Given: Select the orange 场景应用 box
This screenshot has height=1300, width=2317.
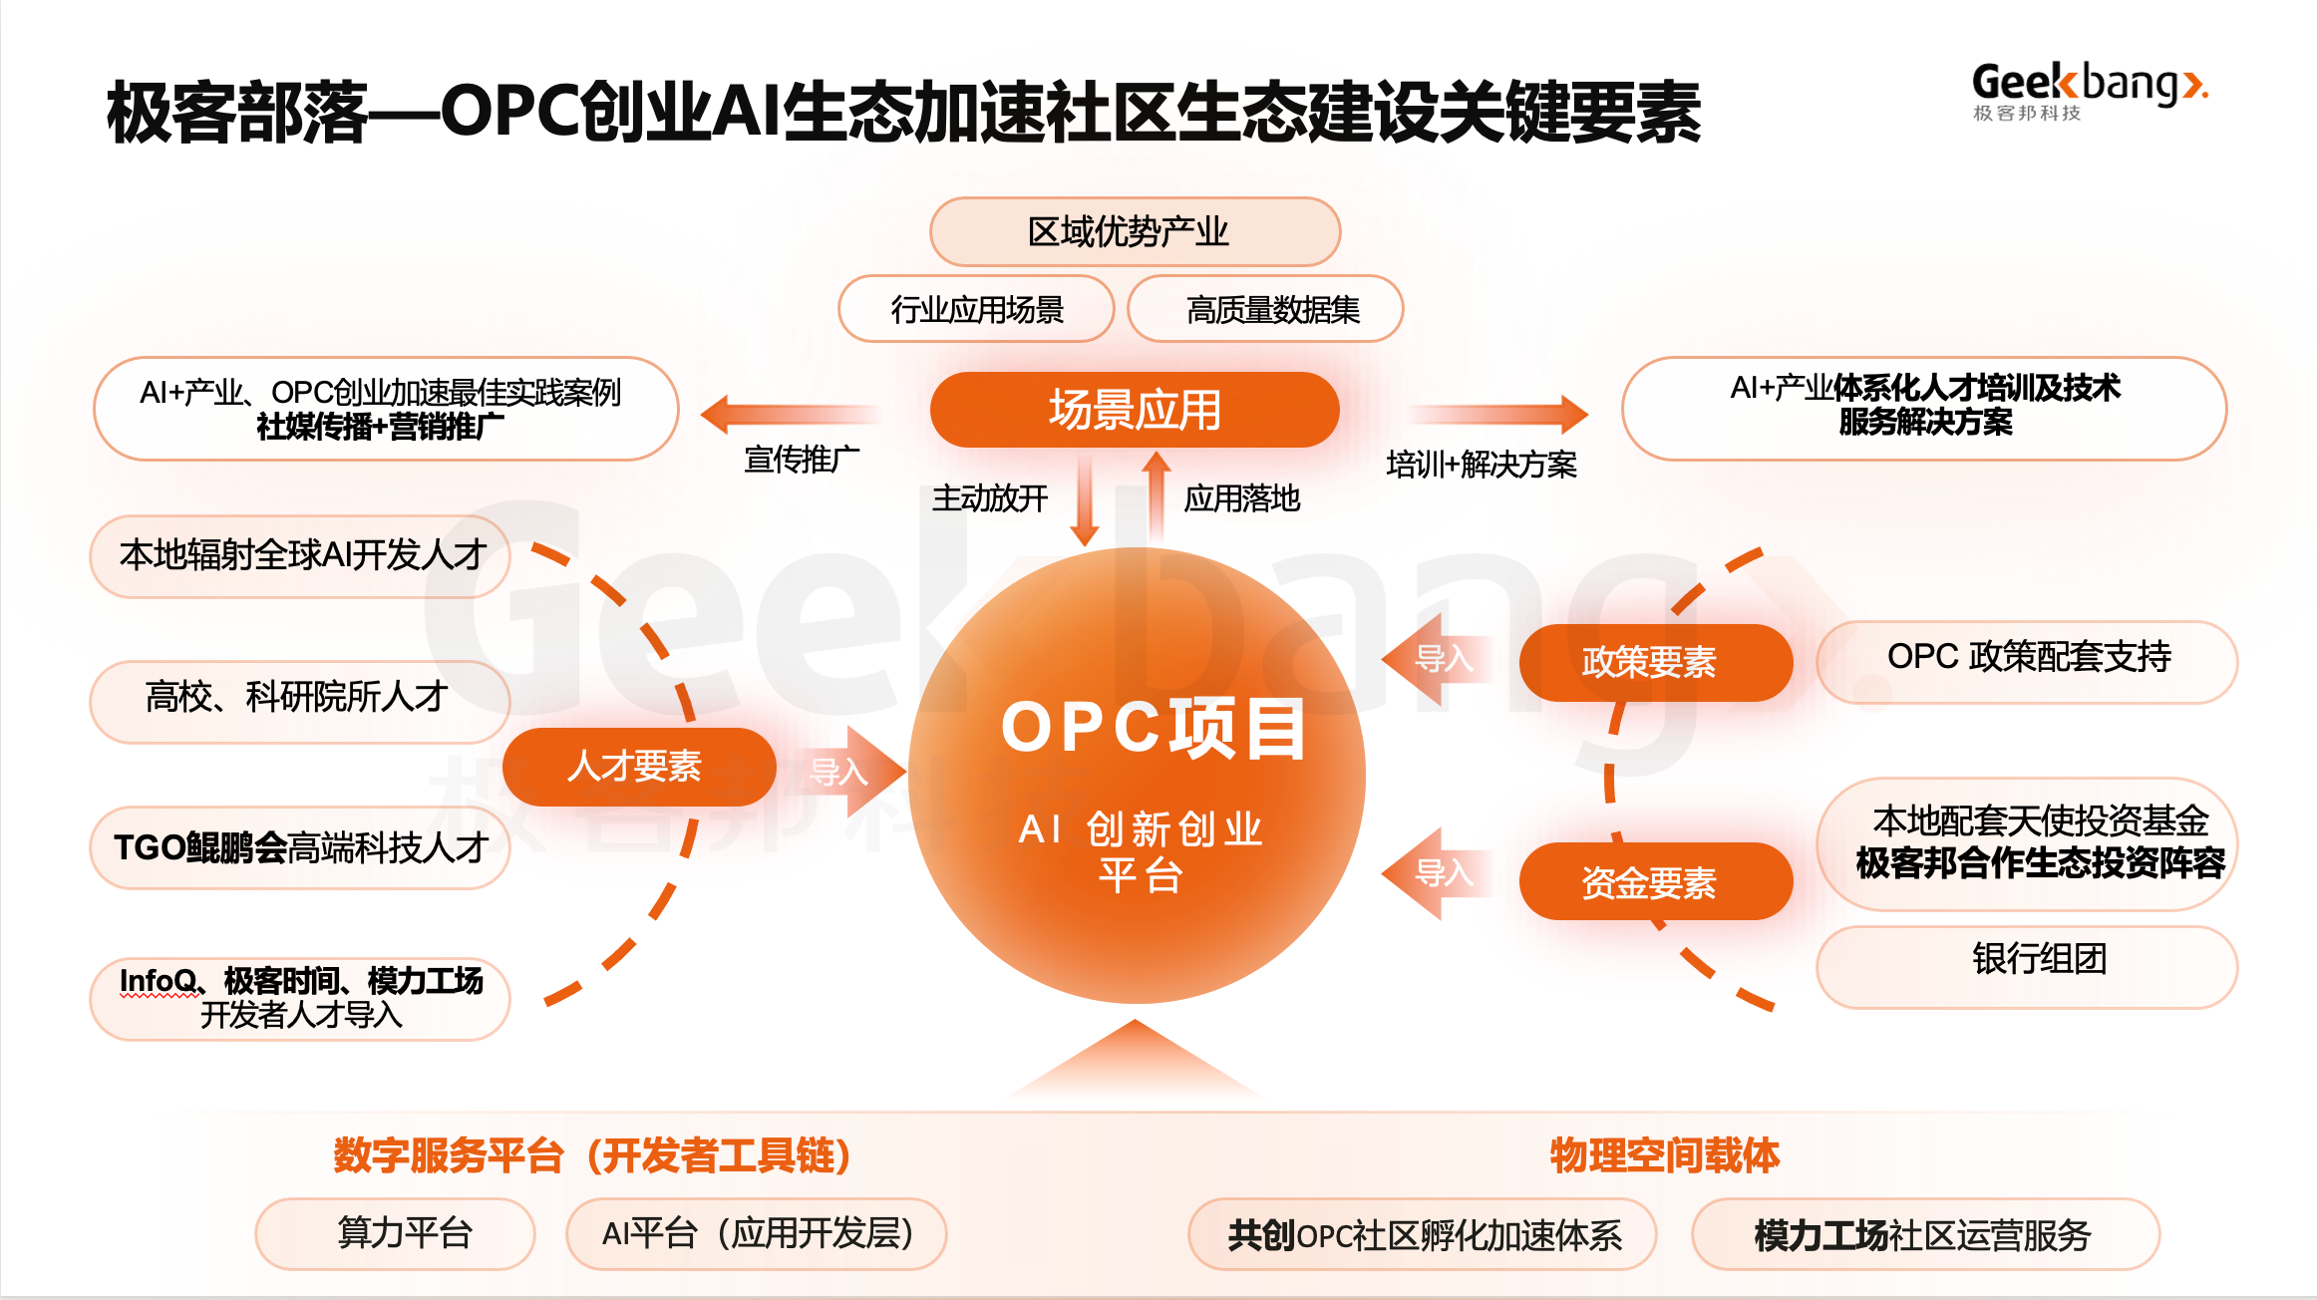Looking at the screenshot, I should coord(1134,410).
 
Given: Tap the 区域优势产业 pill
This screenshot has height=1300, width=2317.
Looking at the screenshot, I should coord(1134,231).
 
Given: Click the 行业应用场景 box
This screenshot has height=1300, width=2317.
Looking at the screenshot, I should coord(975,309).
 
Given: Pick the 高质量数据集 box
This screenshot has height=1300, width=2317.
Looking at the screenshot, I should coord(1264,309).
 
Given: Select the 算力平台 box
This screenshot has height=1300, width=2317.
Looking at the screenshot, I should coord(395,1233).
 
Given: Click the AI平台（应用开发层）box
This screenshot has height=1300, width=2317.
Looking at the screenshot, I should coord(756,1233).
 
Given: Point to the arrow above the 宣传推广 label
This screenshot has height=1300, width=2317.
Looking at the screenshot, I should coord(788,414).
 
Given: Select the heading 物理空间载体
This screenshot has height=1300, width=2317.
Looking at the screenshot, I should coord(1663,1154).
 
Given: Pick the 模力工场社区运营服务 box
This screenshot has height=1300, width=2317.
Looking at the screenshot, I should coord(1924,1234).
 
